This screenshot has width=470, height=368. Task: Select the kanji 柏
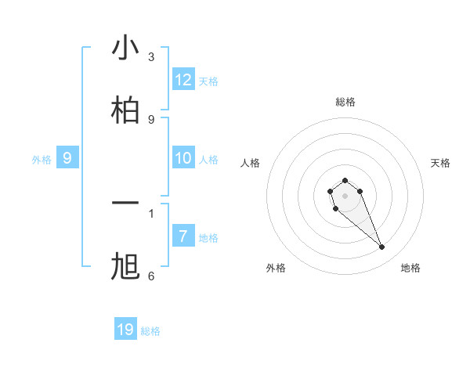(125, 109)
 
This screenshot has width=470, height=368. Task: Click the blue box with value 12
(183, 80)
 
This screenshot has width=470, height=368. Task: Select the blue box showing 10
(183, 158)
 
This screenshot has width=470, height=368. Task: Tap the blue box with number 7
(183, 236)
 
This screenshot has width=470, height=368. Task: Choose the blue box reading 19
(125, 330)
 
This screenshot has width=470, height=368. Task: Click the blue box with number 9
(67, 158)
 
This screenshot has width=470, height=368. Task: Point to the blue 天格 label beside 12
(208, 81)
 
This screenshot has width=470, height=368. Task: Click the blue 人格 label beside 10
(208, 160)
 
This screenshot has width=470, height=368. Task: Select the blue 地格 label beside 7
(208, 238)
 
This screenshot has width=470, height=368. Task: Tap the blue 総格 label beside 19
(150, 331)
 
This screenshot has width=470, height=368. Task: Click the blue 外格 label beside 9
(42, 160)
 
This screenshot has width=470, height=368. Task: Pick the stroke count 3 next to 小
(151, 56)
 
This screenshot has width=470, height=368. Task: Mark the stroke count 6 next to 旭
(151, 276)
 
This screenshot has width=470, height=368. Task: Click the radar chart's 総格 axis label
(345, 102)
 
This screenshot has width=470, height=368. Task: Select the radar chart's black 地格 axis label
(410, 268)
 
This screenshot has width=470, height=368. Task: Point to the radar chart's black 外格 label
(276, 268)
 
